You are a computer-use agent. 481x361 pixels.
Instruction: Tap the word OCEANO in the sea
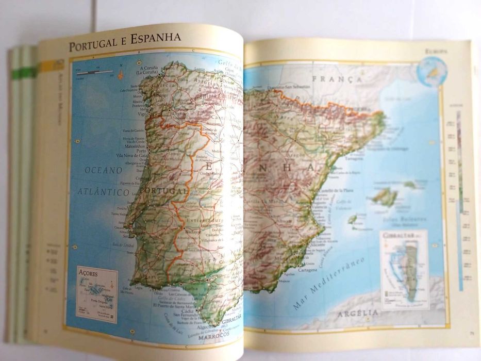coord(104,170)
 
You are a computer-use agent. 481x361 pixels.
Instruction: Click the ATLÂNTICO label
coord(104,192)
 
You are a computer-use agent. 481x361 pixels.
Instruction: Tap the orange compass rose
coord(121,74)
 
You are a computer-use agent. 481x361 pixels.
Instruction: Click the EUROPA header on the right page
coord(436,51)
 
